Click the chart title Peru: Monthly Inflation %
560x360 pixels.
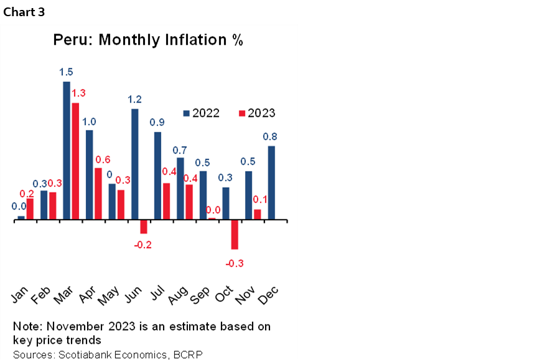point(147,40)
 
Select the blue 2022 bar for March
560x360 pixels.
point(67,150)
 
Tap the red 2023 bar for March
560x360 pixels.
point(75,161)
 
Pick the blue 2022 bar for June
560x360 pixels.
point(134,164)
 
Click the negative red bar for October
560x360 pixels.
point(235,234)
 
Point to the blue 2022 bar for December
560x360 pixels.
point(271,182)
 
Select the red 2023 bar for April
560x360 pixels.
point(98,193)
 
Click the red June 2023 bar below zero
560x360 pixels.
point(143,226)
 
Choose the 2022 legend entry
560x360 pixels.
point(200,113)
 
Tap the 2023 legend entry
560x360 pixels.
point(256,113)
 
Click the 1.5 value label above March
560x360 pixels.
point(66,72)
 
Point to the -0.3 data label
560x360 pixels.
point(235,263)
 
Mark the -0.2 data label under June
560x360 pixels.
point(143,245)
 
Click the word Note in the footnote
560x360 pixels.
point(26,326)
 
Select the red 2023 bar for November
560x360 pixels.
point(257,214)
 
